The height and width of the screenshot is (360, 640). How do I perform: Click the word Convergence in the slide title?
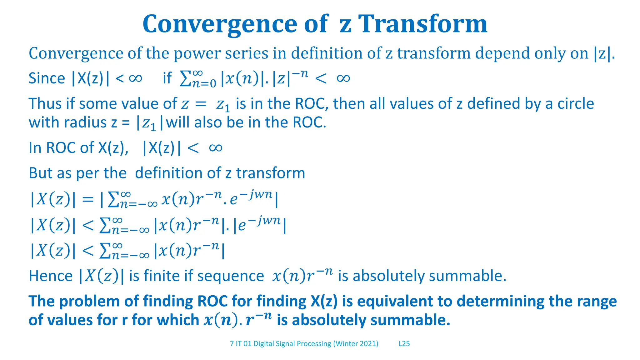pos(220,24)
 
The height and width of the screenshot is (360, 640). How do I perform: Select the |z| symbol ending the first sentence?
pos(602,53)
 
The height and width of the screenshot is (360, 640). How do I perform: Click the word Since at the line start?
pos(47,78)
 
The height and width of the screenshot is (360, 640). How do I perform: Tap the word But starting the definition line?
pos(40,173)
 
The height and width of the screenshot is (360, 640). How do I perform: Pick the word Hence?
pos(51,276)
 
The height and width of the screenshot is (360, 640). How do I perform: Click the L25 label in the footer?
pos(404,344)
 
